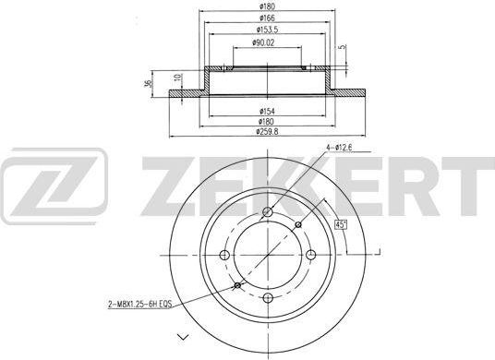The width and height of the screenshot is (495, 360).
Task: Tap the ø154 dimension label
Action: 267,112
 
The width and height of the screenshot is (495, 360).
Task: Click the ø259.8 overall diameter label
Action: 267,133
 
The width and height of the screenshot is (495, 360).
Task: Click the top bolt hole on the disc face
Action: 268,214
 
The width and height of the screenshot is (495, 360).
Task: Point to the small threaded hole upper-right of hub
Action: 297,224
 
